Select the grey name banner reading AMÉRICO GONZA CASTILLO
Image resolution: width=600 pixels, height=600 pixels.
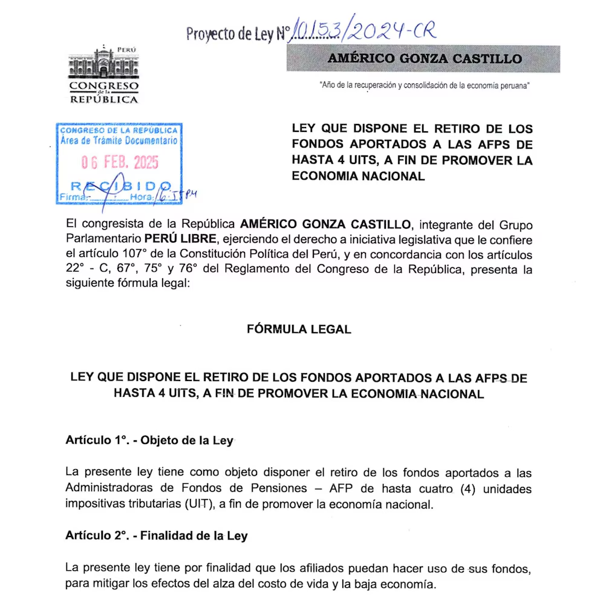coord(423,59)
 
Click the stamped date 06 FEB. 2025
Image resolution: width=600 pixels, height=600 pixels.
coord(120,162)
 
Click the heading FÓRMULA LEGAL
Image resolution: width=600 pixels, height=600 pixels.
coord(299,329)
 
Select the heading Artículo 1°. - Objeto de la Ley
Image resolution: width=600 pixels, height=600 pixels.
coord(149,440)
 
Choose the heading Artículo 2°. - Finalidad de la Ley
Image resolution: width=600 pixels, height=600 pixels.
coord(156,536)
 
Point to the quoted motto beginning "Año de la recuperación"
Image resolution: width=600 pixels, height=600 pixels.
coord(425,86)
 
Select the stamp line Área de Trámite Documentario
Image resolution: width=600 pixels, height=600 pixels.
coord(119,140)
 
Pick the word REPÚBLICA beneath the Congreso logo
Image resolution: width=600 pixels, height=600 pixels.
coord(103,100)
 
